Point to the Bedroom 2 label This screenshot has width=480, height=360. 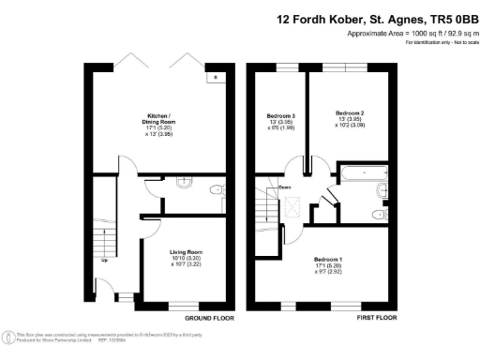(x=349, y=113)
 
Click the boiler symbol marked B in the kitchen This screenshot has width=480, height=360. (x=216, y=77)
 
